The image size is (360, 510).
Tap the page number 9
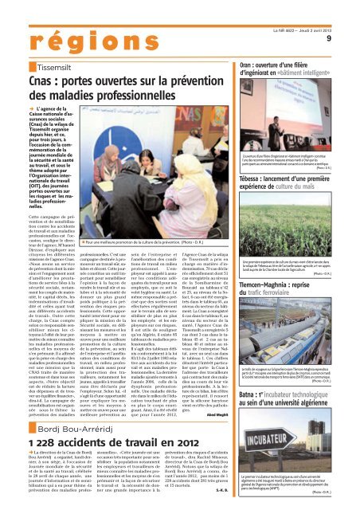(349, 20)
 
